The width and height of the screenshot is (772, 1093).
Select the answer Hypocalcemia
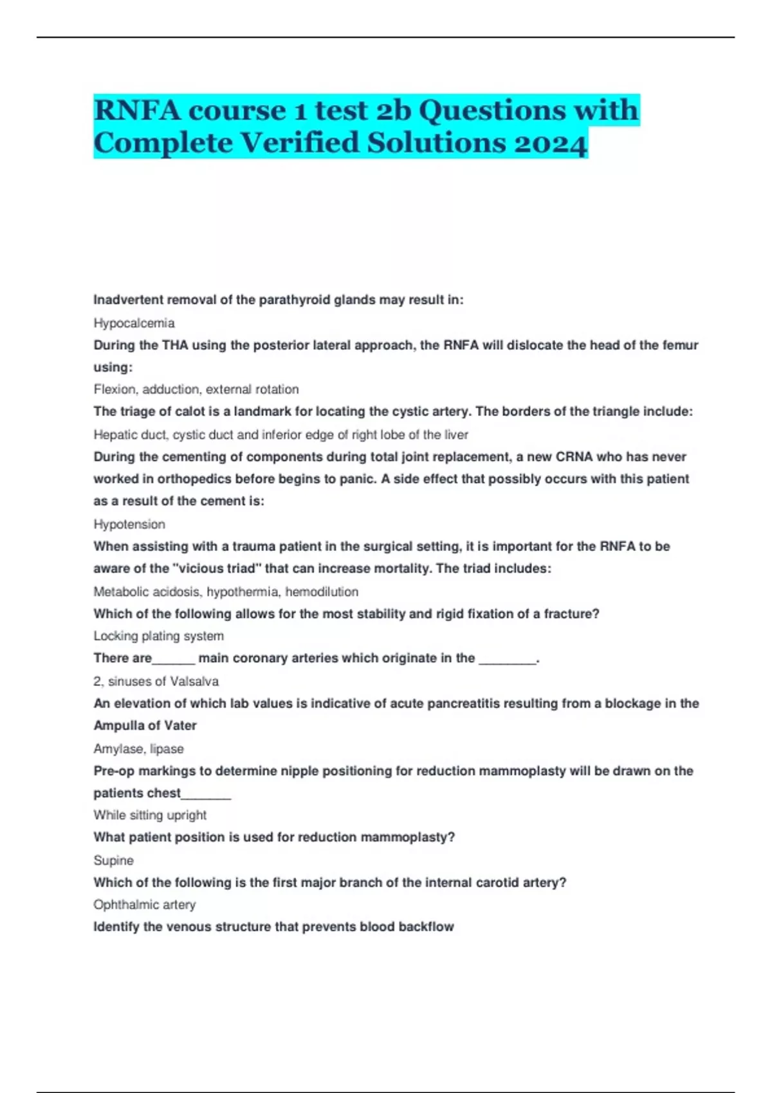tap(134, 323)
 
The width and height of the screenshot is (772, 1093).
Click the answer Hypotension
tap(129, 524)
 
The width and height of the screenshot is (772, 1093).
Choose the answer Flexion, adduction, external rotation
tap(196, 389)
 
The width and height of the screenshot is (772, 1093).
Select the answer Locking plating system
tap(159, 636)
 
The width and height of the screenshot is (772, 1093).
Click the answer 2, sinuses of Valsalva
tap(156, 681)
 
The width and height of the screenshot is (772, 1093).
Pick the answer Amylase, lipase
tap(139, 748)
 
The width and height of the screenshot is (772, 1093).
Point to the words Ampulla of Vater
tap(145, 725)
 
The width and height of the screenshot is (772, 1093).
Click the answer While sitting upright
tap(150, 815)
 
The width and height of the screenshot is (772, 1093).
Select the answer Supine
tap(113, 860)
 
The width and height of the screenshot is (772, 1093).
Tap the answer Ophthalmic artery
tap(145, 905)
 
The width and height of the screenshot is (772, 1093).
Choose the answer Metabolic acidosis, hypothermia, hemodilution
tap(226, 592)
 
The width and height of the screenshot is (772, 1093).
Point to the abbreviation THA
tap(175, 345)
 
